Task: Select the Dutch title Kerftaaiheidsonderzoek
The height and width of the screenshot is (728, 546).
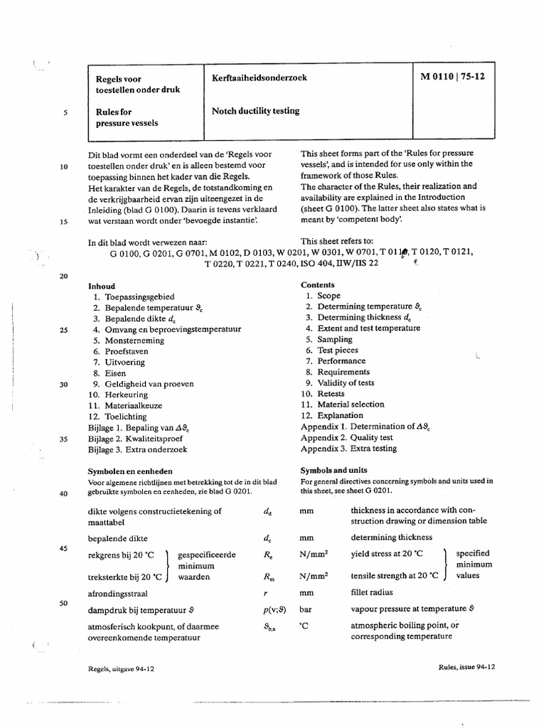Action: pyautogui.click(x=259, y=77)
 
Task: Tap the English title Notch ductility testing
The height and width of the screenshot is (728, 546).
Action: pyautogui.click(x=255, y=111)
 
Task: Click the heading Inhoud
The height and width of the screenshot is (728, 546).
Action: pyautogui.click(x=101, y=284)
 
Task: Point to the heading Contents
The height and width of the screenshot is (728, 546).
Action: pyautogui.click(x=318, y=284)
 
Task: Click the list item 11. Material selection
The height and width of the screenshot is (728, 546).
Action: pyautogui.click(x=342, y=405)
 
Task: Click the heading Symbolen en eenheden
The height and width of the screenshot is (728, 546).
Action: pyautogui.click(x=130, y=471)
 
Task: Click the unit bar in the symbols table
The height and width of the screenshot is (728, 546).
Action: pyautogui.click(x=306, y=609)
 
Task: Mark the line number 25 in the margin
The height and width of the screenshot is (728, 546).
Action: pyautogui.click(x=63, y=330)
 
